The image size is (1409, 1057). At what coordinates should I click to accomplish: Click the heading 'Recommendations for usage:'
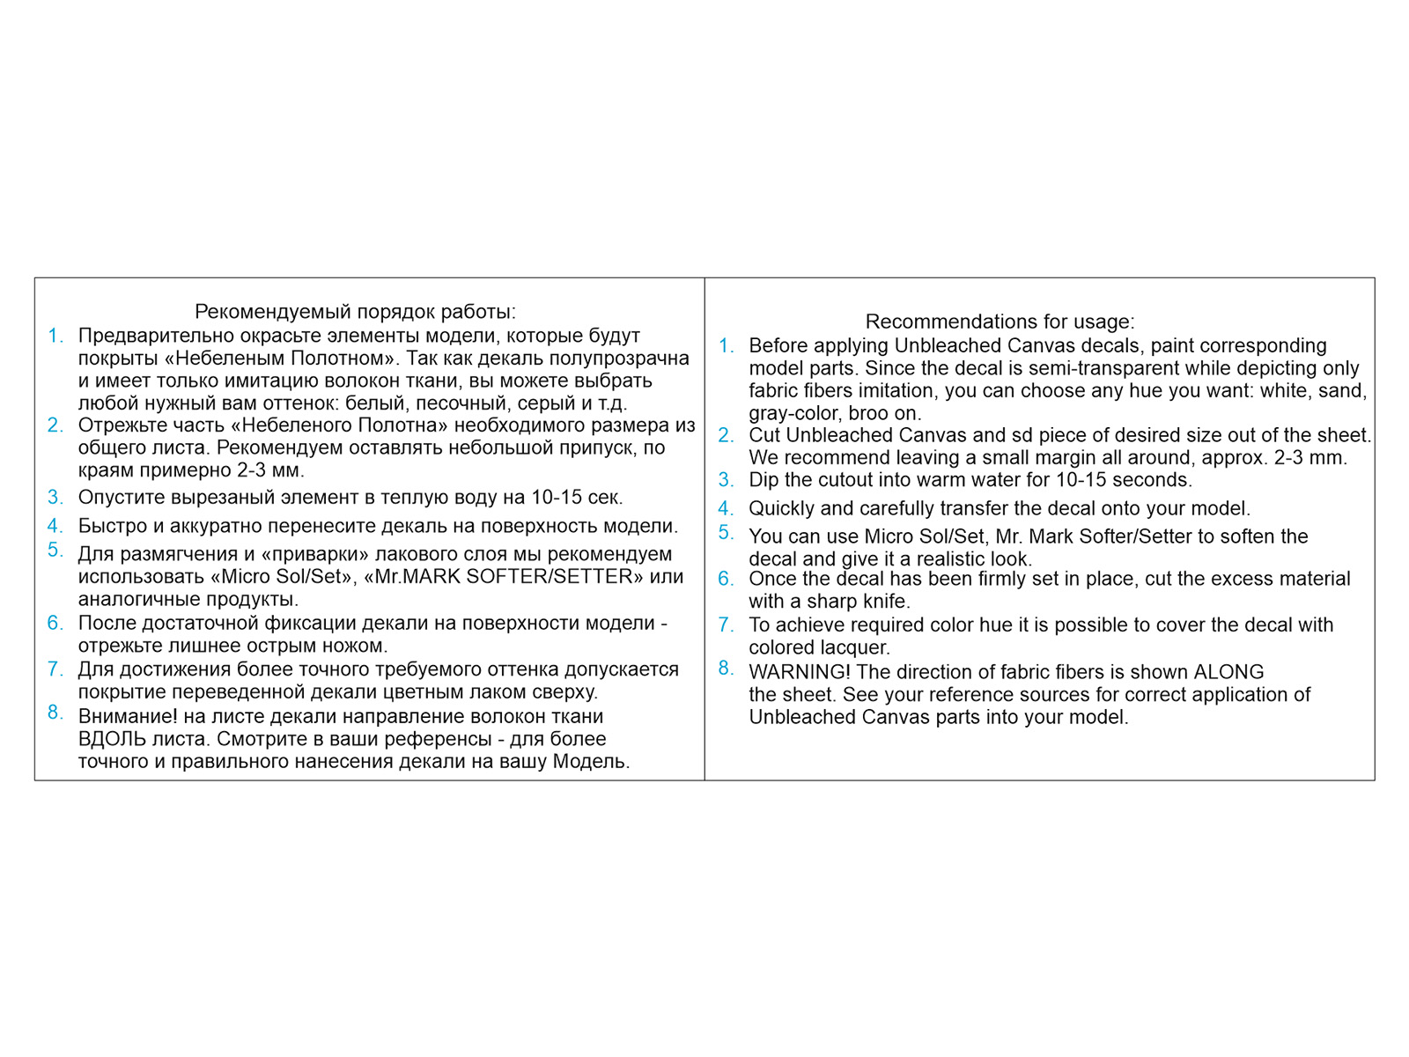tap(1000, 322)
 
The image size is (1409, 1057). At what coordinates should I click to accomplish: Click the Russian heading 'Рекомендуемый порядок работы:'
tap(355, 312)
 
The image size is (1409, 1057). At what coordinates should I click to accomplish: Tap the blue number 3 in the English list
tap(725, 480)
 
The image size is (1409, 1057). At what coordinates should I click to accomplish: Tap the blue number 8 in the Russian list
tap(55, 713)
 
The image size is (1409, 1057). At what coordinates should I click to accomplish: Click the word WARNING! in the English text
tap(800, 672)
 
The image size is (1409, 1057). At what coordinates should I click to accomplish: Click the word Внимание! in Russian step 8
tap(128, 716)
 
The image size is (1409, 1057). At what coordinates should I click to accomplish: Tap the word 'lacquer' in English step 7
tap(854, 648)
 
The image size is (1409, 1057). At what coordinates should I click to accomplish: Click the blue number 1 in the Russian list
tap(55, 336)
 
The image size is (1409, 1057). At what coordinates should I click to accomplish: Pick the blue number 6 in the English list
tap(725, 579)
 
